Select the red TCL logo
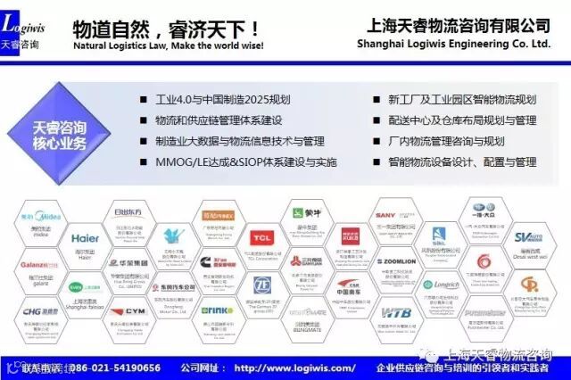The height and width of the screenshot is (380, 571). point(261,238)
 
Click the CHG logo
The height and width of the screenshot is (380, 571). point(40,312)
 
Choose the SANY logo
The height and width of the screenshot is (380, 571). point(385,216)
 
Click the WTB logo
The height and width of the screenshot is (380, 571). point(394,313)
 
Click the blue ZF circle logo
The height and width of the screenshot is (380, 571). point(261,285)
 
